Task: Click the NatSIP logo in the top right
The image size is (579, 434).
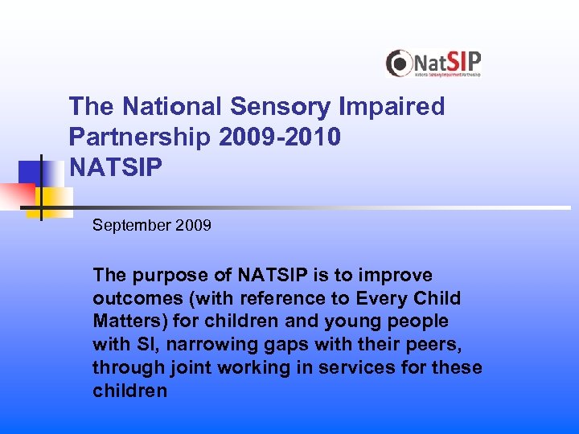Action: [x=433, y=63]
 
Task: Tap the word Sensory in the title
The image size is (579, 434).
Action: [x=269, y=107]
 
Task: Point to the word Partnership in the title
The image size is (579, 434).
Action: [x=141, y=137]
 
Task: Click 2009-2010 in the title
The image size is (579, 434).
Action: [x=280, y=137]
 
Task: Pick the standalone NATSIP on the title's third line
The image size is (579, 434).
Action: [x=115, y=168]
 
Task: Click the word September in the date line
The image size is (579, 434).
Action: [x=131, y=225]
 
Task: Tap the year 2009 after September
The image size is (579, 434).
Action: [x=192, y=225]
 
